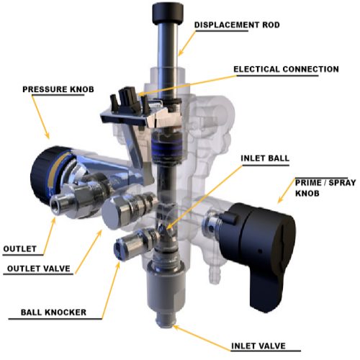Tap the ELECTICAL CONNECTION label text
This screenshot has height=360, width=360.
(285, 69)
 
